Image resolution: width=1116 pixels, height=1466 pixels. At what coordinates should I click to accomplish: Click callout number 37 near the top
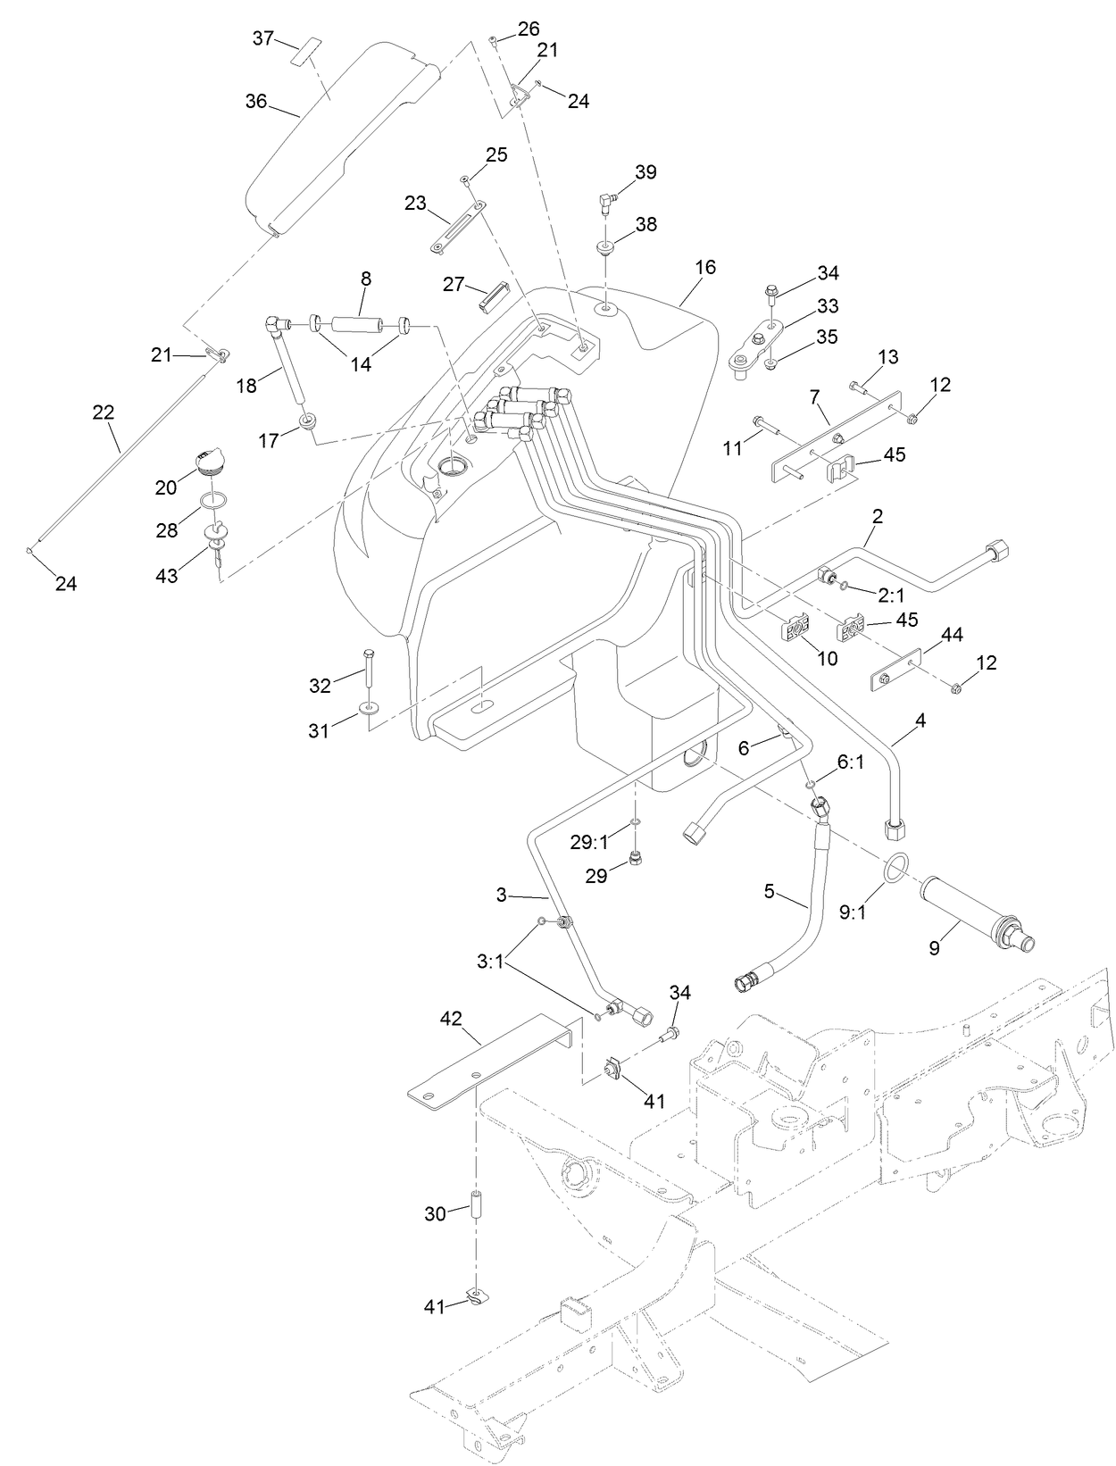pos(263,38)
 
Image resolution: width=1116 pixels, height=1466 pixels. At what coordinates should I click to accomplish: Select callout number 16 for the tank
pos(705,267)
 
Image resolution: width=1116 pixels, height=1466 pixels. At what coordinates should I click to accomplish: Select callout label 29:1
pos(589,841)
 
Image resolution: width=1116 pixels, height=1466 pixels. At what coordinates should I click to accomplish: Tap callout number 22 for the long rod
pos(104,412)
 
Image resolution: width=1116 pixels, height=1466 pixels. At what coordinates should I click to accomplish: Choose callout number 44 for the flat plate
pos(952,636)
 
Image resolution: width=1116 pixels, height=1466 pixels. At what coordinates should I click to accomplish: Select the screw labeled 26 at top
pos(493,38)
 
